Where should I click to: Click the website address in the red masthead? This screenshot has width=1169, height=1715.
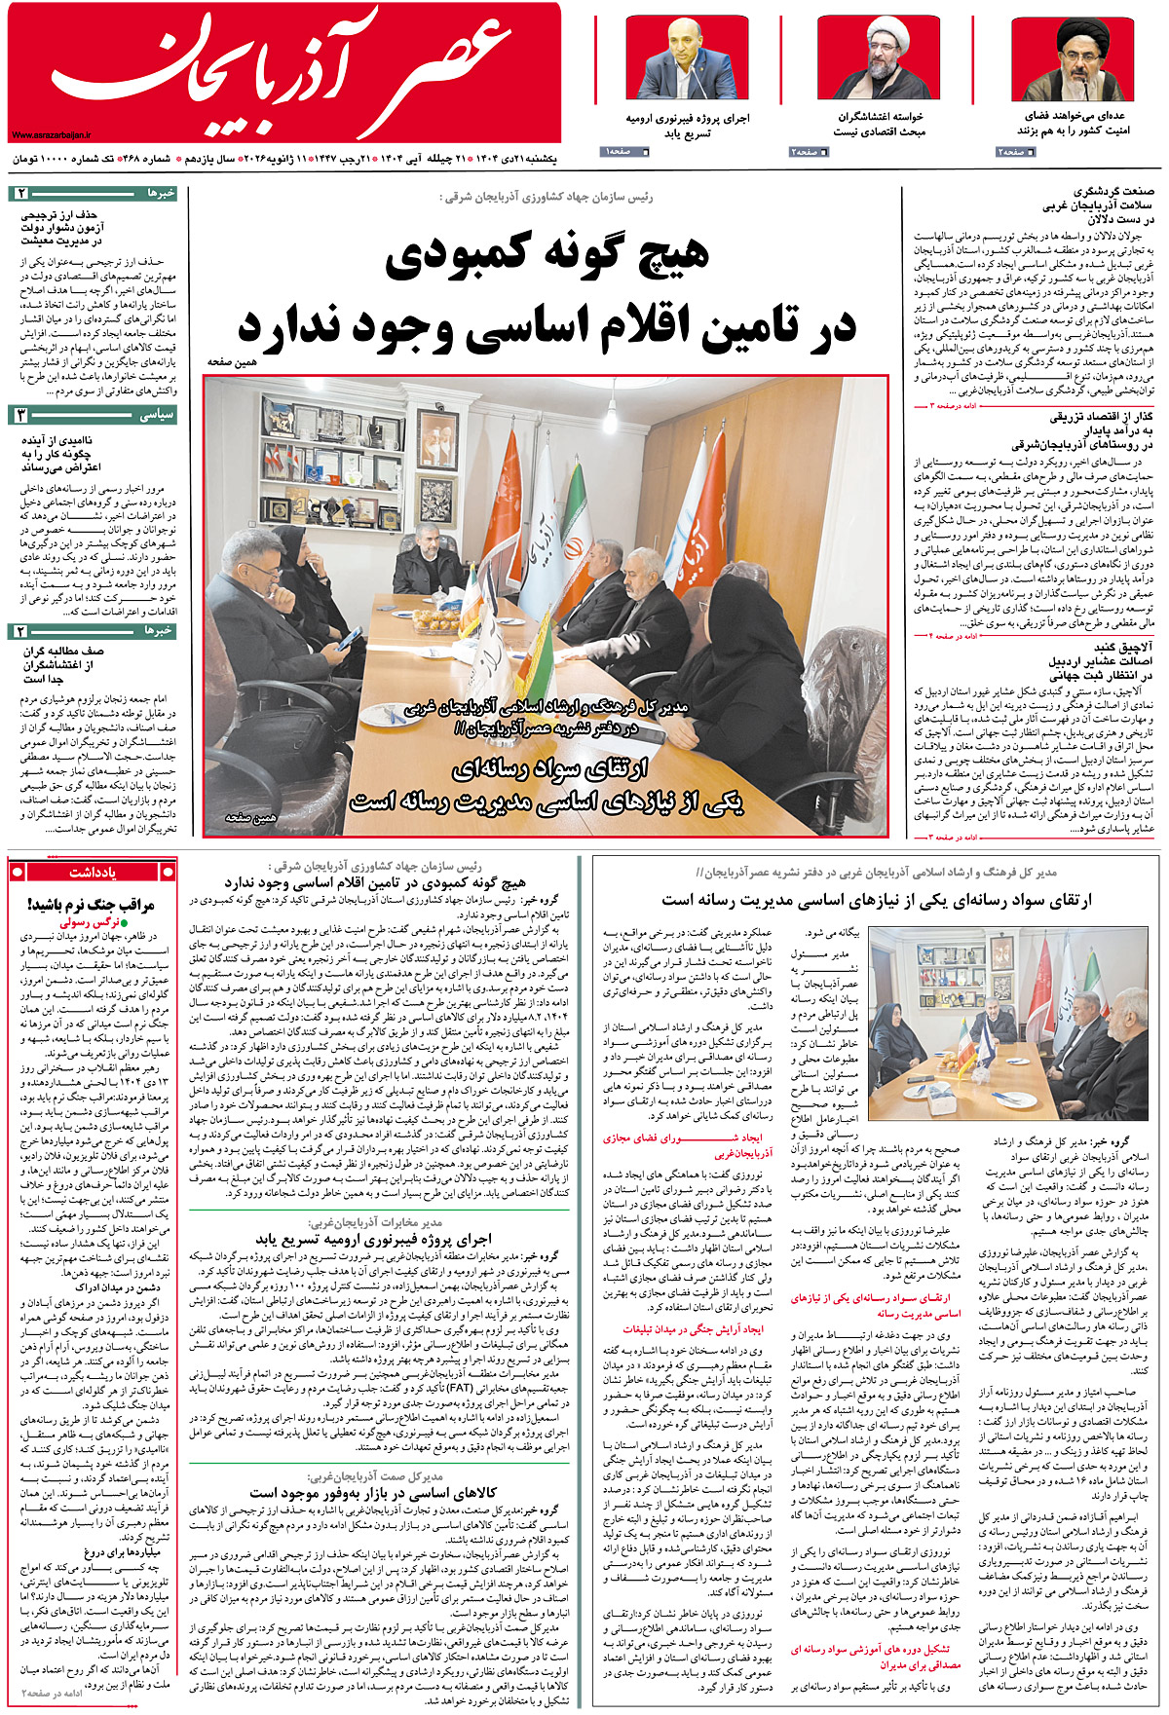[51, 135]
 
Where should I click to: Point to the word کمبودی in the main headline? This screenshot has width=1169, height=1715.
[471, 256]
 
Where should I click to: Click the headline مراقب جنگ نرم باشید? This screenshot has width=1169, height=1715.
[92, 905]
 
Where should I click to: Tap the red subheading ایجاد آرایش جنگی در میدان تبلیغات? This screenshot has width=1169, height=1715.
[694, 1328]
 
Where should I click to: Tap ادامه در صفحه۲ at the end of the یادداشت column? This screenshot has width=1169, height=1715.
[54, 1695]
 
